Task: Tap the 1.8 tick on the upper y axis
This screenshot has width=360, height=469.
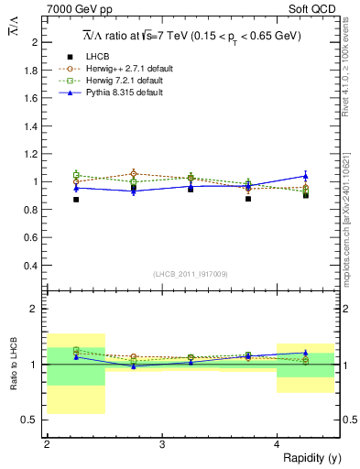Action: pyautogui.click(x=33, y=71)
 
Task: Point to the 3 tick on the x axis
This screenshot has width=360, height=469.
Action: pyautogui.click(x=161, y=445)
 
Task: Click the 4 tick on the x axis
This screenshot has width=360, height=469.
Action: pyautogui.click(x=277, y=445)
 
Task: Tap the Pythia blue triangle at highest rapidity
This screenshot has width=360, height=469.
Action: pyautogui.click(x=306, y=175)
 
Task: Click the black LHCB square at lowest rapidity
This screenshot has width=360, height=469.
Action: pyautogui.click(x=76, y=199)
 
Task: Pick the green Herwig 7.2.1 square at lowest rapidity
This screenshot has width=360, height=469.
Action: pyautogui.click(x=76, y=174)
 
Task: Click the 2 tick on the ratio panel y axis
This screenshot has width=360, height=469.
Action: pyautogui.click(x=35, y=309)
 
